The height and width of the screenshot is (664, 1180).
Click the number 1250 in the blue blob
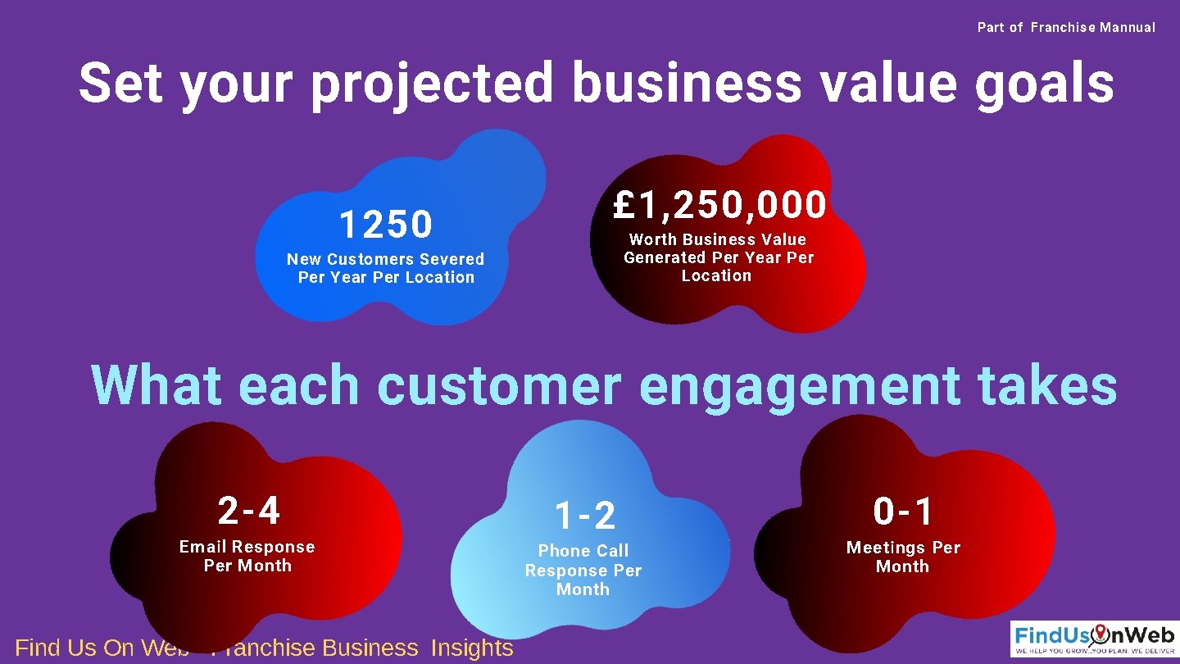click(x=385, y=224)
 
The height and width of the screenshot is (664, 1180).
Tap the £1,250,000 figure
click(x=719, y=205)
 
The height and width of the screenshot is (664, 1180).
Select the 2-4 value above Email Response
click(x=249, y=511)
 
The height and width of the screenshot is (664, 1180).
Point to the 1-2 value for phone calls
click(x=584, y=516)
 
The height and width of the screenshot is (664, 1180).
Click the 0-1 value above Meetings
click(x=903, y=512)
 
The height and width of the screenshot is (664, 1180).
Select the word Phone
click(x=561, y=551)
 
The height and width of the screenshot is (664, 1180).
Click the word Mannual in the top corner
click(x=1128, y=27)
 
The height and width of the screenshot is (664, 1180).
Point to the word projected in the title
click(x=432, y=84)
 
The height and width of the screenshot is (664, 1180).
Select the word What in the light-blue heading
click(x=156, y=385)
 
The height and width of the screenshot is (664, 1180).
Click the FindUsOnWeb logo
click(x=1094, y=639)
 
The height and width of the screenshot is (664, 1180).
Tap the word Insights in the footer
click(x=472, y=648)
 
